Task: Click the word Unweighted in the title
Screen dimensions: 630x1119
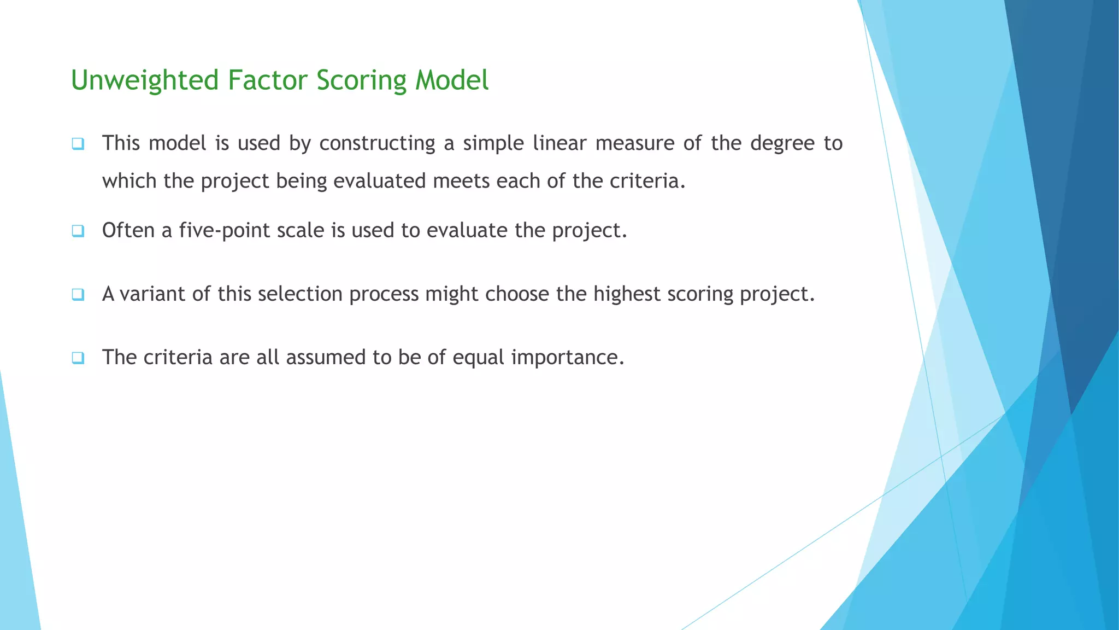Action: click(x=145, y=80)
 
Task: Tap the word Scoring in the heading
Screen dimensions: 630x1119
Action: click(x=361, y=80)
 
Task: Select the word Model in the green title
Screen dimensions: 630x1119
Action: click(x=451, y=80)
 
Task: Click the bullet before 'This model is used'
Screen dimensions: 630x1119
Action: click(x=78, y=144)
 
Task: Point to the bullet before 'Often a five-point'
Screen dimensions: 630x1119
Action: click(x=78, y=231)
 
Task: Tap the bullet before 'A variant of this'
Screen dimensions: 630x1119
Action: click(x=78, y=295)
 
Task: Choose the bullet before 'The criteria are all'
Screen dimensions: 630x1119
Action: click(x=78, y=358)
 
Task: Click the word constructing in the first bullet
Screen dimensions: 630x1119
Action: click(x=377, y=143)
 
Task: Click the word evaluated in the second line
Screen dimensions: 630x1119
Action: click(x=379, y=181)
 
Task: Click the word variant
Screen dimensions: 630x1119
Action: click(x=152, y=294)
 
